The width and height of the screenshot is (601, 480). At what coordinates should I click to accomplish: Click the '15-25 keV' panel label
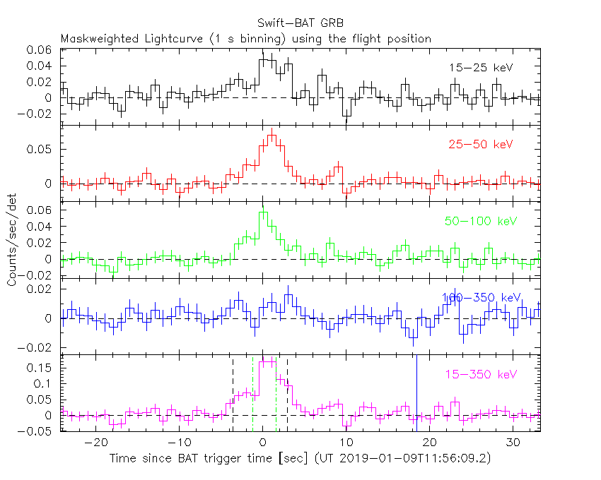click(x=480, y=68)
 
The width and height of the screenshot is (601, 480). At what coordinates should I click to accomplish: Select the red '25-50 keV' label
click(x=480, y=144)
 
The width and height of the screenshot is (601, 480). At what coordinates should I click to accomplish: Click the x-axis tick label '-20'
click(x=95, y=443)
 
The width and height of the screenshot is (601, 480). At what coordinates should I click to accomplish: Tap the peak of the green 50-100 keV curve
click(x=262, y=211)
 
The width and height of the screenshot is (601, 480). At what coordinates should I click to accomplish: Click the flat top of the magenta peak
click(x=267, y=361)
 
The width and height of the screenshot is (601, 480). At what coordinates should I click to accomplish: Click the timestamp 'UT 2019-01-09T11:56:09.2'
click(x=416, y=459)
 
